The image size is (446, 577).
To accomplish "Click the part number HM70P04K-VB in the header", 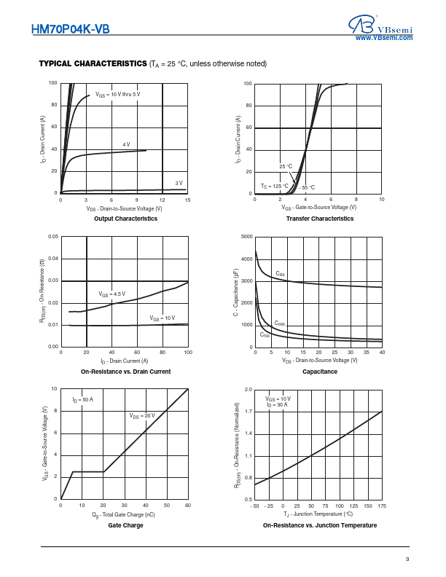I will pos(71,30).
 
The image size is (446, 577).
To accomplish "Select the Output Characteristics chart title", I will pos(125,219).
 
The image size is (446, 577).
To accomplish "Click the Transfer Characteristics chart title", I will pos(319,219).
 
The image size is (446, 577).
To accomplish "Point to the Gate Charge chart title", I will pos(125,525).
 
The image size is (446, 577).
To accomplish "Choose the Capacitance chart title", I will pos(319,372).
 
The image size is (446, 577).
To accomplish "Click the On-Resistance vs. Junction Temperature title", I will pos(320,525).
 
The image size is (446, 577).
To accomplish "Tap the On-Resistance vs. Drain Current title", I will pos(125,372).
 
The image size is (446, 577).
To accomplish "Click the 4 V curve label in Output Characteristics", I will pos(126,144).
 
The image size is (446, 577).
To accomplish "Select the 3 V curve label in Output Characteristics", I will pos(179,183).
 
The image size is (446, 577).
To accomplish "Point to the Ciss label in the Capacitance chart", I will pos(281,274).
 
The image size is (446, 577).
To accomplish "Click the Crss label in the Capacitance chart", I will pos(265,334).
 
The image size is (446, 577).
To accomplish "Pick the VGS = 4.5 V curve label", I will pos(111,294).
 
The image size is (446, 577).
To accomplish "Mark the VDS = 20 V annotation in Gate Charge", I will pos(142,415).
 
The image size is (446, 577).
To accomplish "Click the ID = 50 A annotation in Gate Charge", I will pos(82,400).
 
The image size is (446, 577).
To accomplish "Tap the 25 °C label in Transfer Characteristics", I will pos(286,166).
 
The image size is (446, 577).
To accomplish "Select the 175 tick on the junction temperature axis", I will pos(382,506).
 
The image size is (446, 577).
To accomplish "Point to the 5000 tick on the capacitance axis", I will pos(246,237).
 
